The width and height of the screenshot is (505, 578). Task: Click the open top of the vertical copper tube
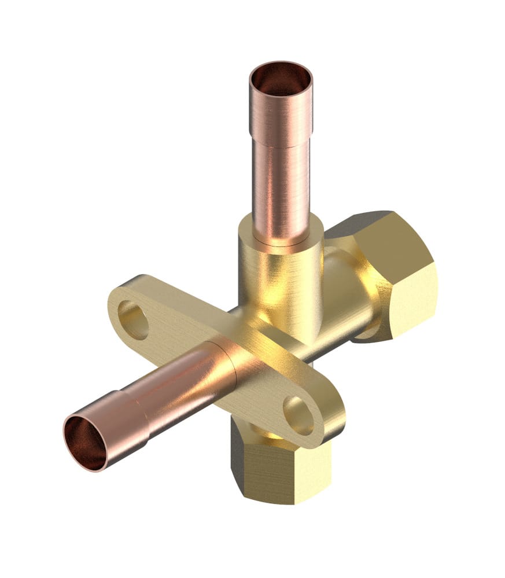(x=281, y=79)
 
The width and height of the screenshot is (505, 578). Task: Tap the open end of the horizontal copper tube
(x=85, y=443)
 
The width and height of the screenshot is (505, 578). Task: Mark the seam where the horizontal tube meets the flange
(x=231, y=362)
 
